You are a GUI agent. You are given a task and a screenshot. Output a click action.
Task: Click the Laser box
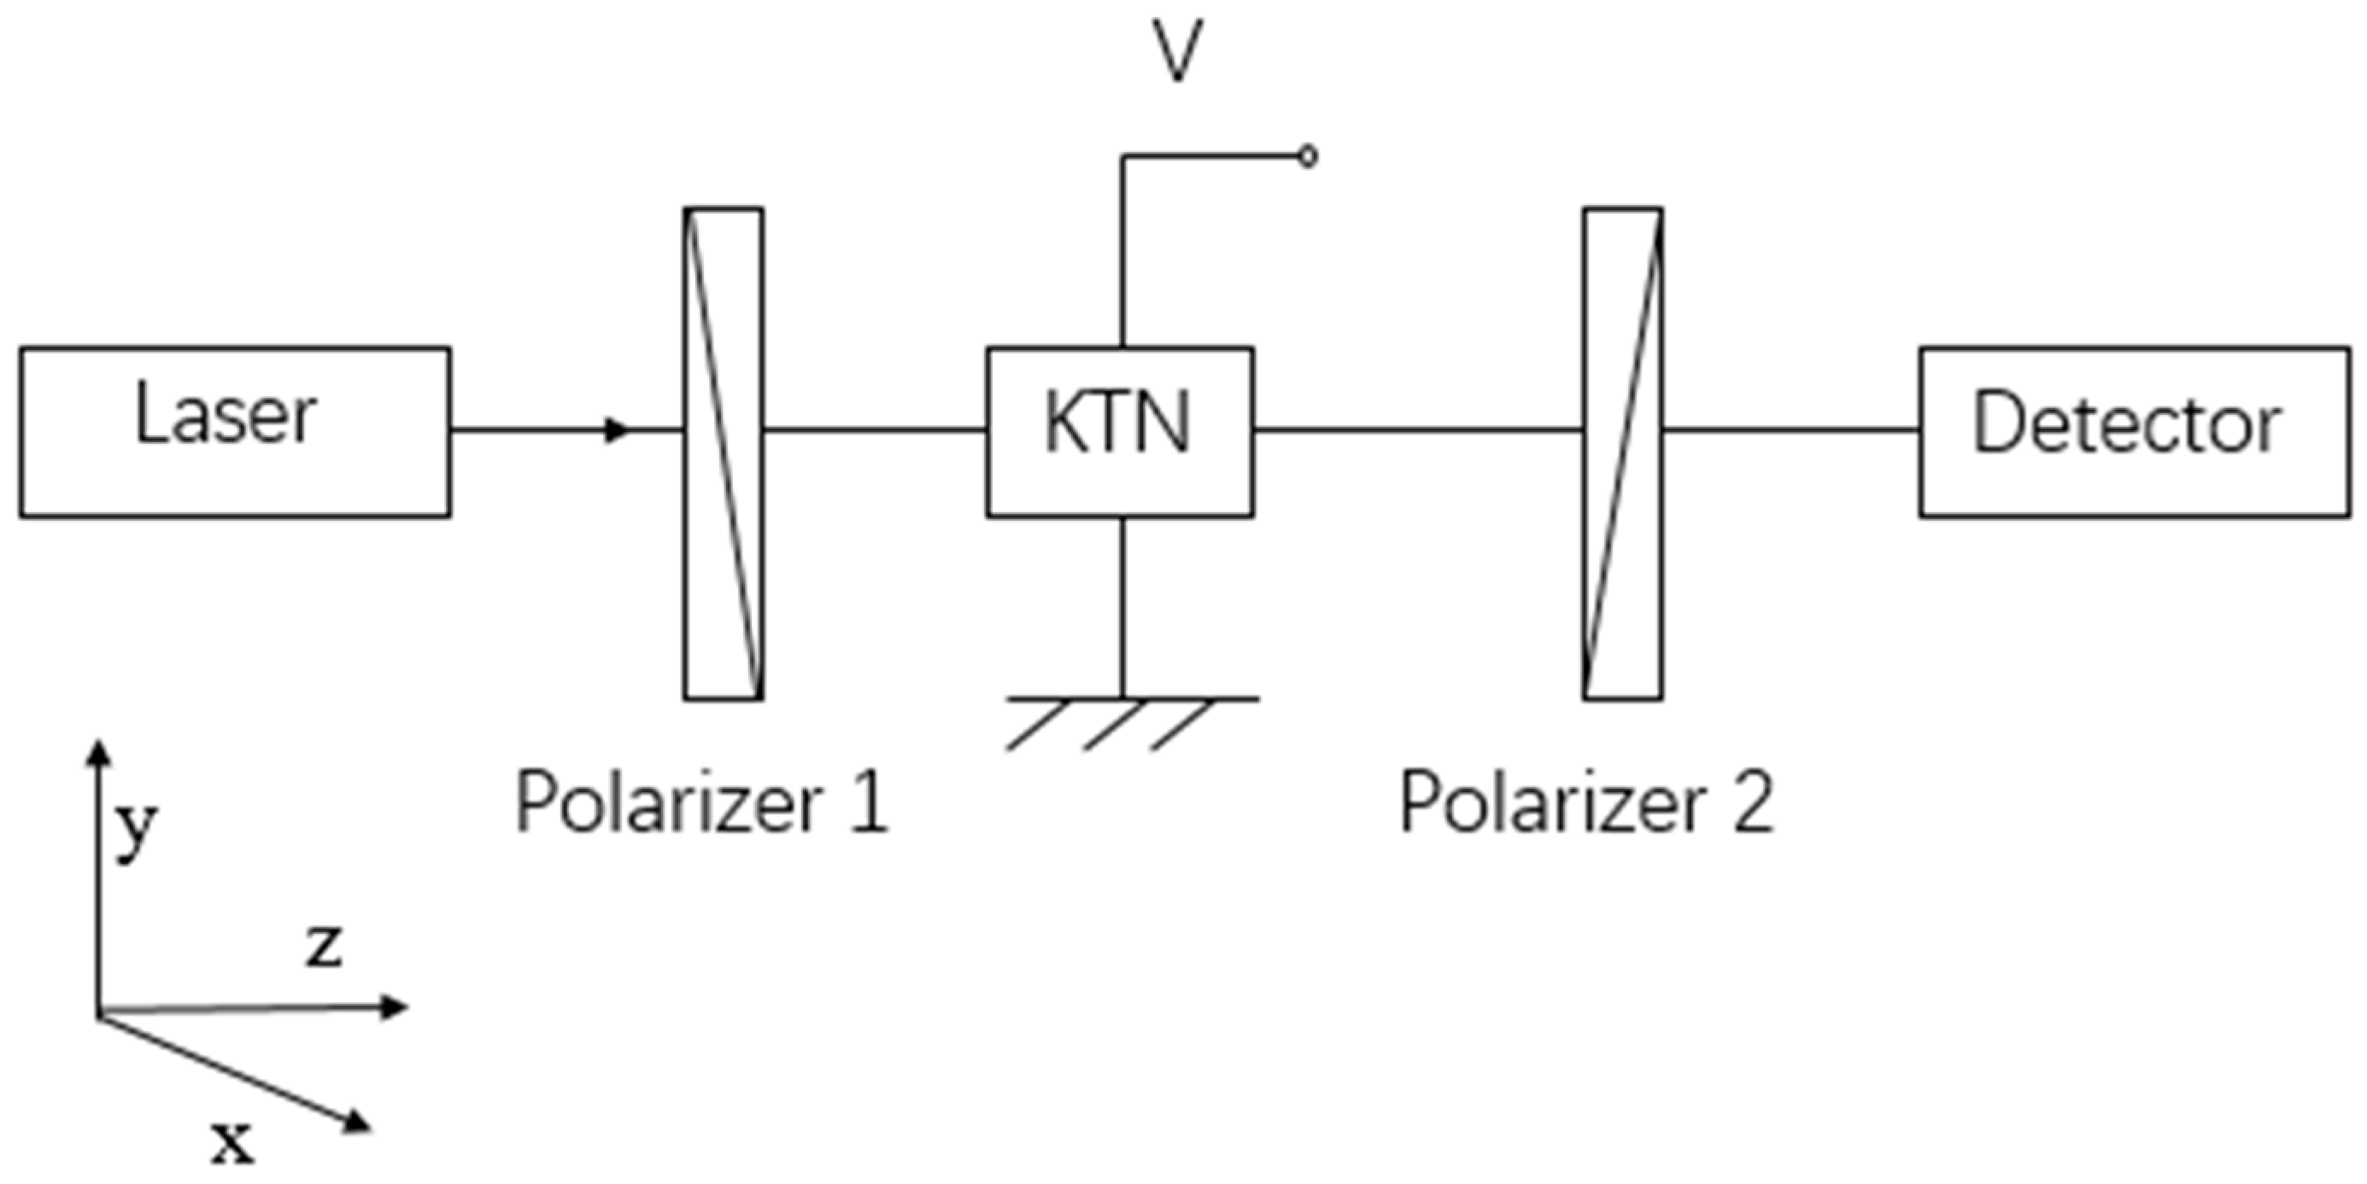coord(234,432)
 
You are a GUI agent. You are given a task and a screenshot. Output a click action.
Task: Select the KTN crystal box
coord(1119,432)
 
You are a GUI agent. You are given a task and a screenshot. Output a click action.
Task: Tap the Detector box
coord(2134,432)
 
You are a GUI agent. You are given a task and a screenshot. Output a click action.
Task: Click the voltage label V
coord(1177,50)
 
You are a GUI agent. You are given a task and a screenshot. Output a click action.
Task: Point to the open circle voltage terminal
coord(1308,157)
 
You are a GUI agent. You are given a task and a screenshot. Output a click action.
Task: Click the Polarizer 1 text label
coord(702,802)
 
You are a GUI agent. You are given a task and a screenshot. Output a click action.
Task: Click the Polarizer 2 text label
coord(1585,802)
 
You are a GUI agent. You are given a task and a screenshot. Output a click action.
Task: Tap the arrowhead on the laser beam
coord(618,429)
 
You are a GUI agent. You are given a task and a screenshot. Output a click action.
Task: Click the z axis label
coord(325,946)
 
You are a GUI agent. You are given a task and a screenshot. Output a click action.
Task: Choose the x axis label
coord(231,1142)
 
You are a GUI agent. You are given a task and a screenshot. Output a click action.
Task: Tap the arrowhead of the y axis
coord(98,753)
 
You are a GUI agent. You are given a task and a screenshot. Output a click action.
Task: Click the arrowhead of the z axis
coord(395,1007)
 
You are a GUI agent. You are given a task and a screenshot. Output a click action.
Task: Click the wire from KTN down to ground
coord(1122,606)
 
